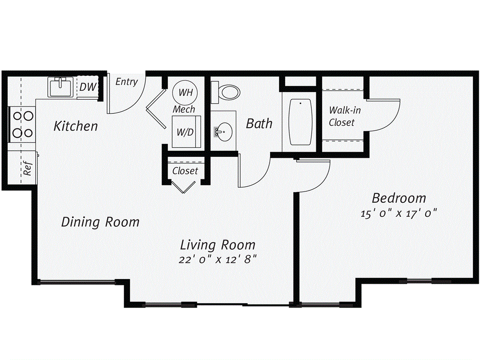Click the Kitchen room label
point(75,126)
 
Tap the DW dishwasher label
point(88,87)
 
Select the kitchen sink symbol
point(60,87)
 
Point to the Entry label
point(127,82)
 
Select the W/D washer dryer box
point(185,132)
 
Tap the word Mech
point(184,109)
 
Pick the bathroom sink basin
point(224,132)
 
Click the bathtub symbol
point(300,122)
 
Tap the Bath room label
point(259,123)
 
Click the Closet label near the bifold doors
point(185,171)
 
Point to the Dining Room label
point(100,222)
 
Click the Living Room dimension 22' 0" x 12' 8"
point(218,259)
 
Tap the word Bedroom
point(399,197)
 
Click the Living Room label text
point(218,244)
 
